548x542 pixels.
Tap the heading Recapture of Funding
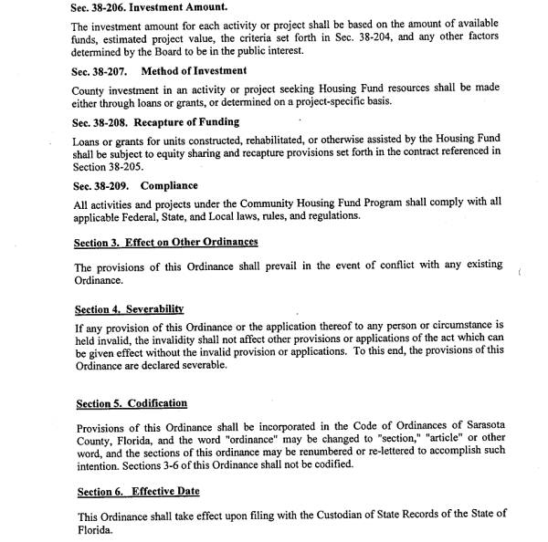[190, 121]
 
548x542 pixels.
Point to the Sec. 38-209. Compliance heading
[134, 185]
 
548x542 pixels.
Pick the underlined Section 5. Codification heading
[132, 403]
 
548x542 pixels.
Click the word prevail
[270, 266]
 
